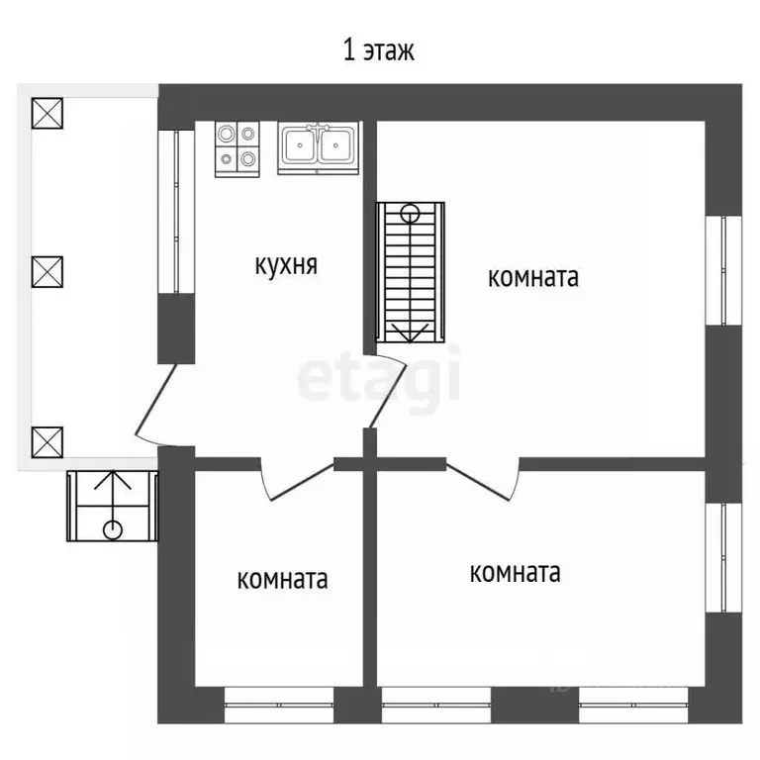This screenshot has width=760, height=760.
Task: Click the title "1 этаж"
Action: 379,50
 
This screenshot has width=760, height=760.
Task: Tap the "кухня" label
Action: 286,264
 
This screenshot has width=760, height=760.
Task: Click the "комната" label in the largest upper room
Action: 533,277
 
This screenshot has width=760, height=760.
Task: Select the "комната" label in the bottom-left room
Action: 283,579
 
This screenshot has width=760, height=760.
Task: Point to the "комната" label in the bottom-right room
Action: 516,572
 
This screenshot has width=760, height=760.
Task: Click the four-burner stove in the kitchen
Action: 237,148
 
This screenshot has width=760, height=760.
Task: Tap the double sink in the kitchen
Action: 318,147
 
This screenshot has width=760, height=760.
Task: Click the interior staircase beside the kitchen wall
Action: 411,273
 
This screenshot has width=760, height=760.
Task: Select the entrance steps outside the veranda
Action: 113,506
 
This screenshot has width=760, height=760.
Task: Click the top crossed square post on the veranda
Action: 47,114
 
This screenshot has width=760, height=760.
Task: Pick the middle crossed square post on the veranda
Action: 47,272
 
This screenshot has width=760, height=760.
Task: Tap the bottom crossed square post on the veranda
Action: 47,442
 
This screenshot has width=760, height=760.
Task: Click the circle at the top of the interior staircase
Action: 410,214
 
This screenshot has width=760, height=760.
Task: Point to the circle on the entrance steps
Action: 113,529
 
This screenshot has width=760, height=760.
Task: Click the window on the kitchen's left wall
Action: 176,212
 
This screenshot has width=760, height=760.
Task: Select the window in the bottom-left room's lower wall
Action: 279,705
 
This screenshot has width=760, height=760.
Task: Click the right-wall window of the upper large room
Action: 723,270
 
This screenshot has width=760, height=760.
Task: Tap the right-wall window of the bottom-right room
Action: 723,558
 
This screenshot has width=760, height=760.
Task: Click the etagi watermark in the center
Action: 379,378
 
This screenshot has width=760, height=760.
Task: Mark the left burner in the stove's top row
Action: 226,134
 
